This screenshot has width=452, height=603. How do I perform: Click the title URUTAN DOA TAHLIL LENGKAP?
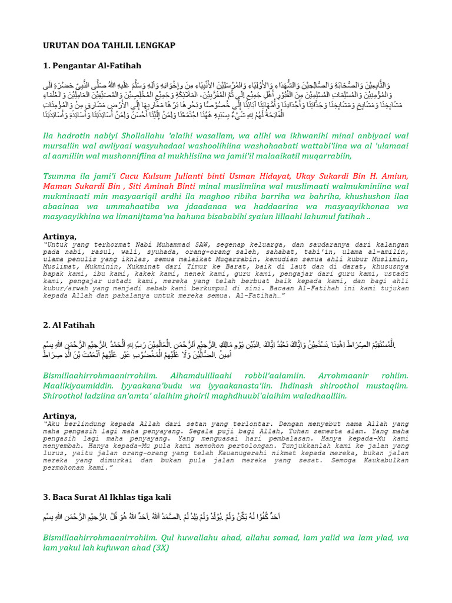[109, 45]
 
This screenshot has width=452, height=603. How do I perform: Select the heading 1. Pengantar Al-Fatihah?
[92, 65]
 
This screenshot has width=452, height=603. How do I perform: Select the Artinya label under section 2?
[60, 415]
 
